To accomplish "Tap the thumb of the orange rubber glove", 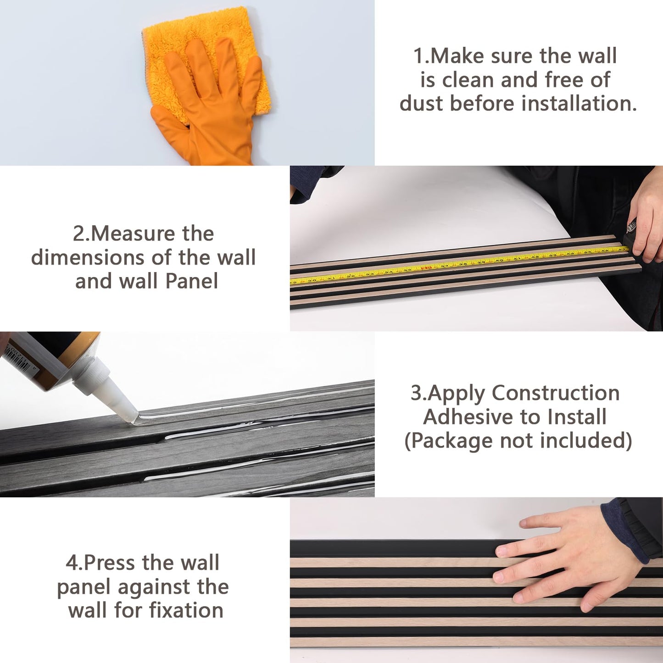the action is point(168,117).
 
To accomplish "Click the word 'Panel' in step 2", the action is point(192,281).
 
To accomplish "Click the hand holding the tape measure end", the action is point(647,220).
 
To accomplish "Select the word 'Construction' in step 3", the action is point(556,393).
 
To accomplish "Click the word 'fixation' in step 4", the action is point(186,610).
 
